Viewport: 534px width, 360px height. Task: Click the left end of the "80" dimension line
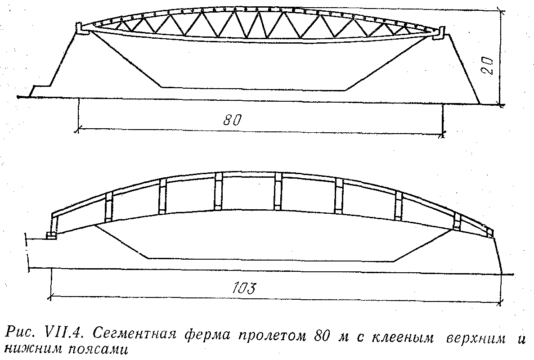(x=78, y=129)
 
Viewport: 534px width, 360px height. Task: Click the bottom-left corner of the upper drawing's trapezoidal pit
(x=161, y=87)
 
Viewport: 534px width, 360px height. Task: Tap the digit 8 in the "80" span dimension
(x=228, y=120)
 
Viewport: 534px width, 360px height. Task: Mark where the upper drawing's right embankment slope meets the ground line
(x=480, y=104)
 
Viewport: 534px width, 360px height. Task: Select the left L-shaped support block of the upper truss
(x=81, y=29)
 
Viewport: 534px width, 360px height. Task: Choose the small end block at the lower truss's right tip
(x=490, y=233)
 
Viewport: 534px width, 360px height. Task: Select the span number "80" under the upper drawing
(x=233, y=120)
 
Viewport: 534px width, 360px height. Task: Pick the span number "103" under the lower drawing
(x=243, y=288)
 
